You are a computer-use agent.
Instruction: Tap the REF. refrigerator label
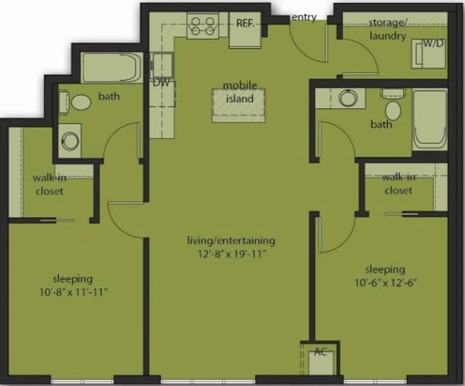pos(245,23)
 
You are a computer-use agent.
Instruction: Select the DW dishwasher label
pos(161,82)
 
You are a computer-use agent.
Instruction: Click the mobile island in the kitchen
pos(238,105)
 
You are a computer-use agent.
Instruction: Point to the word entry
pos(304,17)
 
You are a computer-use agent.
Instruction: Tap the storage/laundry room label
pos(387,28)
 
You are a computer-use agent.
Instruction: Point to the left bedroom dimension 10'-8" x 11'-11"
pos(72,285)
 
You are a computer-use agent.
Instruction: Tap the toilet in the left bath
pos(79,102)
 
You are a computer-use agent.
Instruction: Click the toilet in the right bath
pos(393,110)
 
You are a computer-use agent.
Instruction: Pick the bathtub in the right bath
pos(429,119)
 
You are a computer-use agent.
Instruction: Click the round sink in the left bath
pos(71,141)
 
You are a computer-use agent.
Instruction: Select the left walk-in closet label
pos(48,185)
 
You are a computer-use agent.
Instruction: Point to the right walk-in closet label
pos(398,184)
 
